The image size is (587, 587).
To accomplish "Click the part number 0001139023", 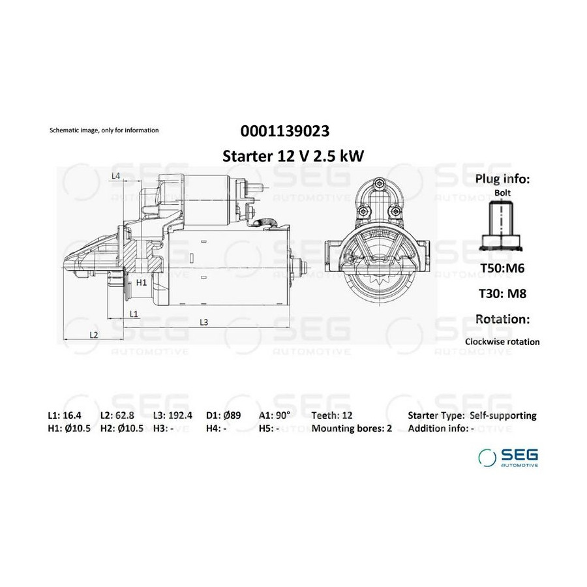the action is coord(285,131).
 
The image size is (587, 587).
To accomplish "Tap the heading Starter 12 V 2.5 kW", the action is coord(293,156).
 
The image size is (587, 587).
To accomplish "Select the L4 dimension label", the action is coord(115,175).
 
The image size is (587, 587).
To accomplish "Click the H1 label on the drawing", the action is coord(141,282).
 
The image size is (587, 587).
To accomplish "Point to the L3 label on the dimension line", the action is coord(203,322).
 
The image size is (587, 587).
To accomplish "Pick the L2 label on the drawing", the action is coord(93,335).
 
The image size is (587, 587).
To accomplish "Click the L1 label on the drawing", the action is coord(134,314).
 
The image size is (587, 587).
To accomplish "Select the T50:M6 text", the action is coord(502,268).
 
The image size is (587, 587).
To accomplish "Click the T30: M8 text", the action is coord(502,293).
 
